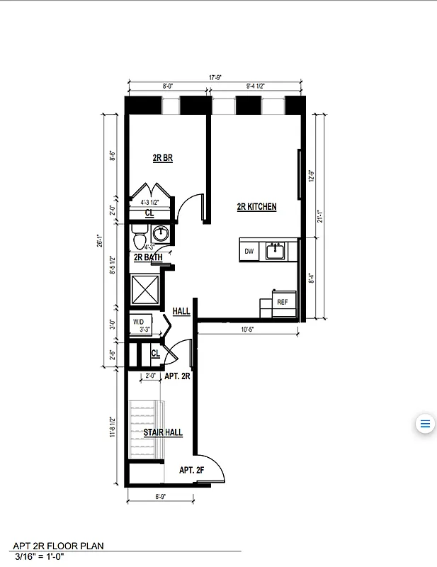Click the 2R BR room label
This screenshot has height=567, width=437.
click(x=163, y=159)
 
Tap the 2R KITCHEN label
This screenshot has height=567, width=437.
click(x=256, y=207)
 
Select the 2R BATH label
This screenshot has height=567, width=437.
click(x=147, y=257)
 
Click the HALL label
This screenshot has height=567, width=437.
click(x=181, y=311)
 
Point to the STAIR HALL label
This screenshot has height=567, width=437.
click(x=163, y=432)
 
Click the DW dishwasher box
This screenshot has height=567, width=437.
click(x=249, y=252)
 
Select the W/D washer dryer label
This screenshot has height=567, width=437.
click(x=139, y=322)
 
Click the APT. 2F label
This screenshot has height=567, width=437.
click(x=191, y=470)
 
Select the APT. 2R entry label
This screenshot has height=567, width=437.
click(x=177, y=377)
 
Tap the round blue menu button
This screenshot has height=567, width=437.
click(x=425, y=425)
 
